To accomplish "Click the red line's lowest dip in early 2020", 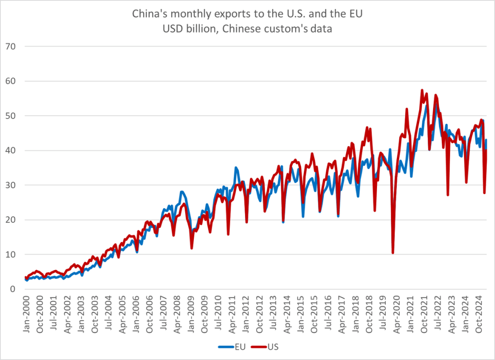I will pos(393,253).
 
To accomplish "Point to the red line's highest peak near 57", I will pos(422,90).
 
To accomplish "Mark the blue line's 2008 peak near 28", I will pos(181,192).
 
